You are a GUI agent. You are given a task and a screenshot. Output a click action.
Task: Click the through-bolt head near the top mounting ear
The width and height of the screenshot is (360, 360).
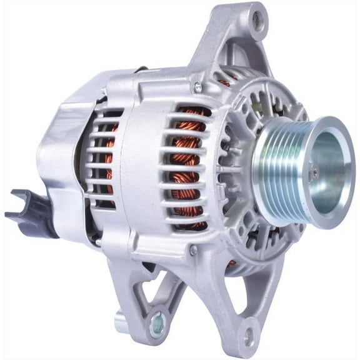pos(198,87)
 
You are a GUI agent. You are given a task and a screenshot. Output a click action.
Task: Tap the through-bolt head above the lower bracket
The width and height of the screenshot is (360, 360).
pos(194,249)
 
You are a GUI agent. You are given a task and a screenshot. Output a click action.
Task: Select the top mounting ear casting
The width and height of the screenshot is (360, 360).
pos(237,37)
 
